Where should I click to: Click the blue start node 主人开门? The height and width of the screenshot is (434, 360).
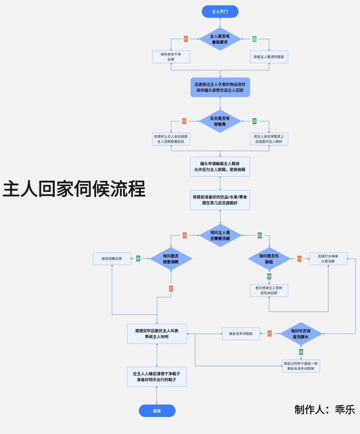(220, 11)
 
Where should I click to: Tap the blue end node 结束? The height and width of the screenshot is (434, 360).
(157, 411)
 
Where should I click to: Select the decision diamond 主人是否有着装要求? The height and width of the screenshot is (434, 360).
(220, 39)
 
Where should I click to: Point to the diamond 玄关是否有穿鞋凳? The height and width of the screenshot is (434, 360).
(220, 121)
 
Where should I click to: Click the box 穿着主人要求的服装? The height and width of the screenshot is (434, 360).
(269, 57)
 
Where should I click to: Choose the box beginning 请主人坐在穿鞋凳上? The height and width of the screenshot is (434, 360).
(269, 139)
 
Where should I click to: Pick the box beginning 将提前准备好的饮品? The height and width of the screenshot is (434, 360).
(220, 200)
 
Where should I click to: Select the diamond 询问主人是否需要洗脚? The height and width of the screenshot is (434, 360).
(220, 235)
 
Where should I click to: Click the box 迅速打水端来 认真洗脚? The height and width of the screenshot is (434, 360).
(328, 259)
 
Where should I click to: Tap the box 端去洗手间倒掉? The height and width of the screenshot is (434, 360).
(241, 333)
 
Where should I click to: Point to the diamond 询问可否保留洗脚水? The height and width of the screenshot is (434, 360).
(301, 333)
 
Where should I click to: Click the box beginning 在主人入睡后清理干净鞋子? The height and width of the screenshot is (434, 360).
(157, 377)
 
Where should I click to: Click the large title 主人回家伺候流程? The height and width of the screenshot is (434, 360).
(74, 189)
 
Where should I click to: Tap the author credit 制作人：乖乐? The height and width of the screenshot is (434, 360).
(325, 409)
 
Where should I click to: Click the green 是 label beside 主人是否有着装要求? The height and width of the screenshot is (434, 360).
(254, 39)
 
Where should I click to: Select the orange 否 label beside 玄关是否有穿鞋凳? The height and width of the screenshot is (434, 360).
(184, 121)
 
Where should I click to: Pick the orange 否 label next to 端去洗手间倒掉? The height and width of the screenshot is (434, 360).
(270, 333)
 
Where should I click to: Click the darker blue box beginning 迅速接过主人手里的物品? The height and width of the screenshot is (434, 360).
(220, 87)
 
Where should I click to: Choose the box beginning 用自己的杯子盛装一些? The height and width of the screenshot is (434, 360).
(301, 366)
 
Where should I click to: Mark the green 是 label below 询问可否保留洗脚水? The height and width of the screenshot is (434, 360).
(301, 352)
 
